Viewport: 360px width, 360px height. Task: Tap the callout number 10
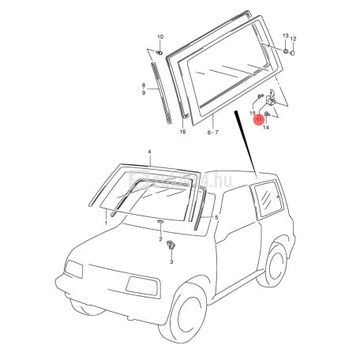(x=159, y=38)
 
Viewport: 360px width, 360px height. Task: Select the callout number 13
(x=285, y=37)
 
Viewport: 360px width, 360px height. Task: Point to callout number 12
(x=294, y=39)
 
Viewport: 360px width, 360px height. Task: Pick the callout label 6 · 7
(x=213, y=133)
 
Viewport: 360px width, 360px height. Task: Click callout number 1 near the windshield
(x=106, y=223)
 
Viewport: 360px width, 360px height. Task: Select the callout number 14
(x=266, y=126)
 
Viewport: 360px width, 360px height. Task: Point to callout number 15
(x=253, y=114)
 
